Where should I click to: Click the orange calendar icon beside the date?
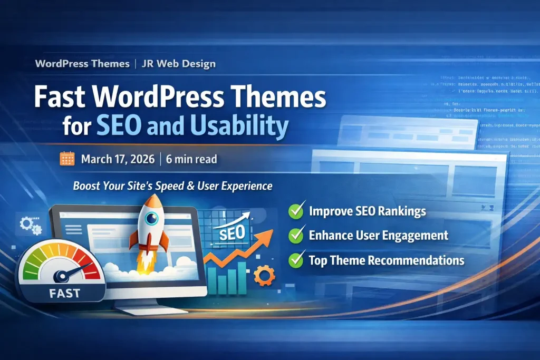[67, 159]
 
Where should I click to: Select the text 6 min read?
[191, 159]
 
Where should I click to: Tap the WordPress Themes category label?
[82, 64]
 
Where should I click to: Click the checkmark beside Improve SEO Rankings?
[296, 211]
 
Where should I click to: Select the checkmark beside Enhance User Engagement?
[296, 236]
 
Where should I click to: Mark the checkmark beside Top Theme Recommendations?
[296, 260]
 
